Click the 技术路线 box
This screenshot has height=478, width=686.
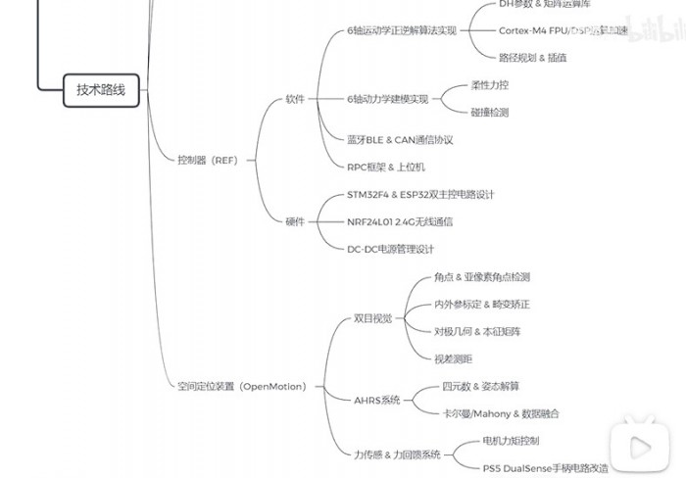coord(102,90)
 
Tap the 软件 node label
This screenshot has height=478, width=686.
coord(295,99)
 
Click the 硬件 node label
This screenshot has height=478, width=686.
coord(295,221)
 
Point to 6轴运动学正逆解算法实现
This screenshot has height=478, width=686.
coord(402,30)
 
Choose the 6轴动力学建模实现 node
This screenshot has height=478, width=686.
coord(388,99)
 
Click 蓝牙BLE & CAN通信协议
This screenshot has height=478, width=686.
coord(400,140)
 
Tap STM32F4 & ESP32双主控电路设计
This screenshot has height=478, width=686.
coord(420,195)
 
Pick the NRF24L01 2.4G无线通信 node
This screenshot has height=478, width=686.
coord(400,222)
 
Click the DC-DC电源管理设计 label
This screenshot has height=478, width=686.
coord(390,249)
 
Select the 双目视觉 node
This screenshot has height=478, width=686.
coord(372,318)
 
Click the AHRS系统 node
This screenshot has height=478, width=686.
coord(377,400)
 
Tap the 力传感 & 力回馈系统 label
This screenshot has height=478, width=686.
coord(397,454)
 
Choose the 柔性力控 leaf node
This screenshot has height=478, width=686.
coord(489,85)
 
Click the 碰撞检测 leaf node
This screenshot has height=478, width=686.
coord(489,113)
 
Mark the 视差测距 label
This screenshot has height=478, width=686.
coord(454,358)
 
